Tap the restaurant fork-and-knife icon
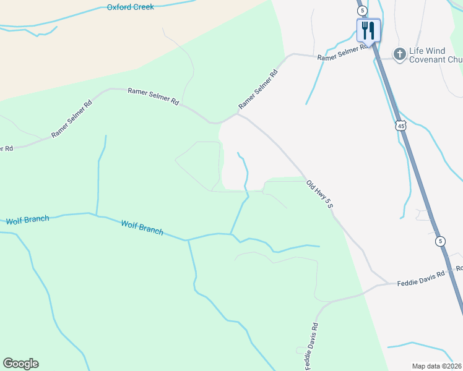pos(368,30)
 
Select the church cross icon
pos(400,54)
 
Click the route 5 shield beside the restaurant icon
pos(361,11)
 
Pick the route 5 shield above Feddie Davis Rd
pos(439,241)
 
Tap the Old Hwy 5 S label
pos(319,194)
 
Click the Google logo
pos(20,364)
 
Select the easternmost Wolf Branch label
pos(142,228)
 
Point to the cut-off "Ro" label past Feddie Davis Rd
pos(459,269)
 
